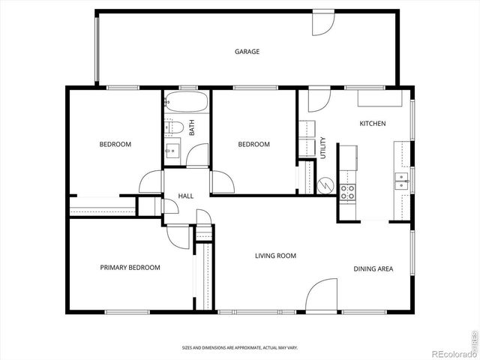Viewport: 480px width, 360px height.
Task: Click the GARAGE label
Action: (x=247, y=52)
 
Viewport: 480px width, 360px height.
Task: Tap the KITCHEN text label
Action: (x=372, y=123)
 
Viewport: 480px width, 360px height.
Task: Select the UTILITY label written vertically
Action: (x=323, y=148)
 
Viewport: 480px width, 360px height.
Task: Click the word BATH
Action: (x=192, y=128)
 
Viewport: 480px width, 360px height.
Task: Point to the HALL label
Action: (x=185, y=196)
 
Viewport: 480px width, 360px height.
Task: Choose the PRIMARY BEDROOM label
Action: (x=130, y=267)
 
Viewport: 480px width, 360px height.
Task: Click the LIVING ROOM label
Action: (x=275, y=256)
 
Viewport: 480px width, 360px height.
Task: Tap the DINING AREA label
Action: (x=373, y=268)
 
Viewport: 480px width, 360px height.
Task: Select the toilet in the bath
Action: (x=172, y=127)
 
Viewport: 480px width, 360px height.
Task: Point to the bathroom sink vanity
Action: (x=172, y=148)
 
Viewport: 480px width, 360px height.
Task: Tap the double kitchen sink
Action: (x=401, y=180)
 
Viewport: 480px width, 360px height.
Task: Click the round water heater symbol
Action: (x=325, y=184)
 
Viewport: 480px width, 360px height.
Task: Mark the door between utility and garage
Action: (x=318, y=100)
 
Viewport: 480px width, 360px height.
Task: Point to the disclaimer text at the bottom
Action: (x=240, y=348)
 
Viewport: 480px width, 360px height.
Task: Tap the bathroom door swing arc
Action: (x=197, y=154)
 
